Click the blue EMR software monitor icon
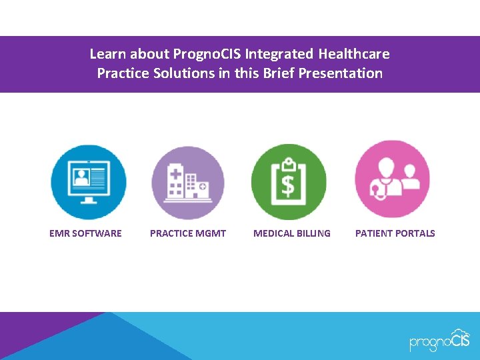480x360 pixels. [88, 182]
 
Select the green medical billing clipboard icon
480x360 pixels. [289, 182]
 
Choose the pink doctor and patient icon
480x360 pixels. [392, 179]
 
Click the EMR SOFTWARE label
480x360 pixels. [85, 233]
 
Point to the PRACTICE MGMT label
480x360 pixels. [188, 233]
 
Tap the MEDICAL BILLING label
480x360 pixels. [291, 233]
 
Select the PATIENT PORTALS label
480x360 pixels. [395, 233]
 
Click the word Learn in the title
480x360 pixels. [108, 54]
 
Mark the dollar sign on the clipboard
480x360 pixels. [288, 186]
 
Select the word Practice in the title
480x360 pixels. [123, 73]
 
